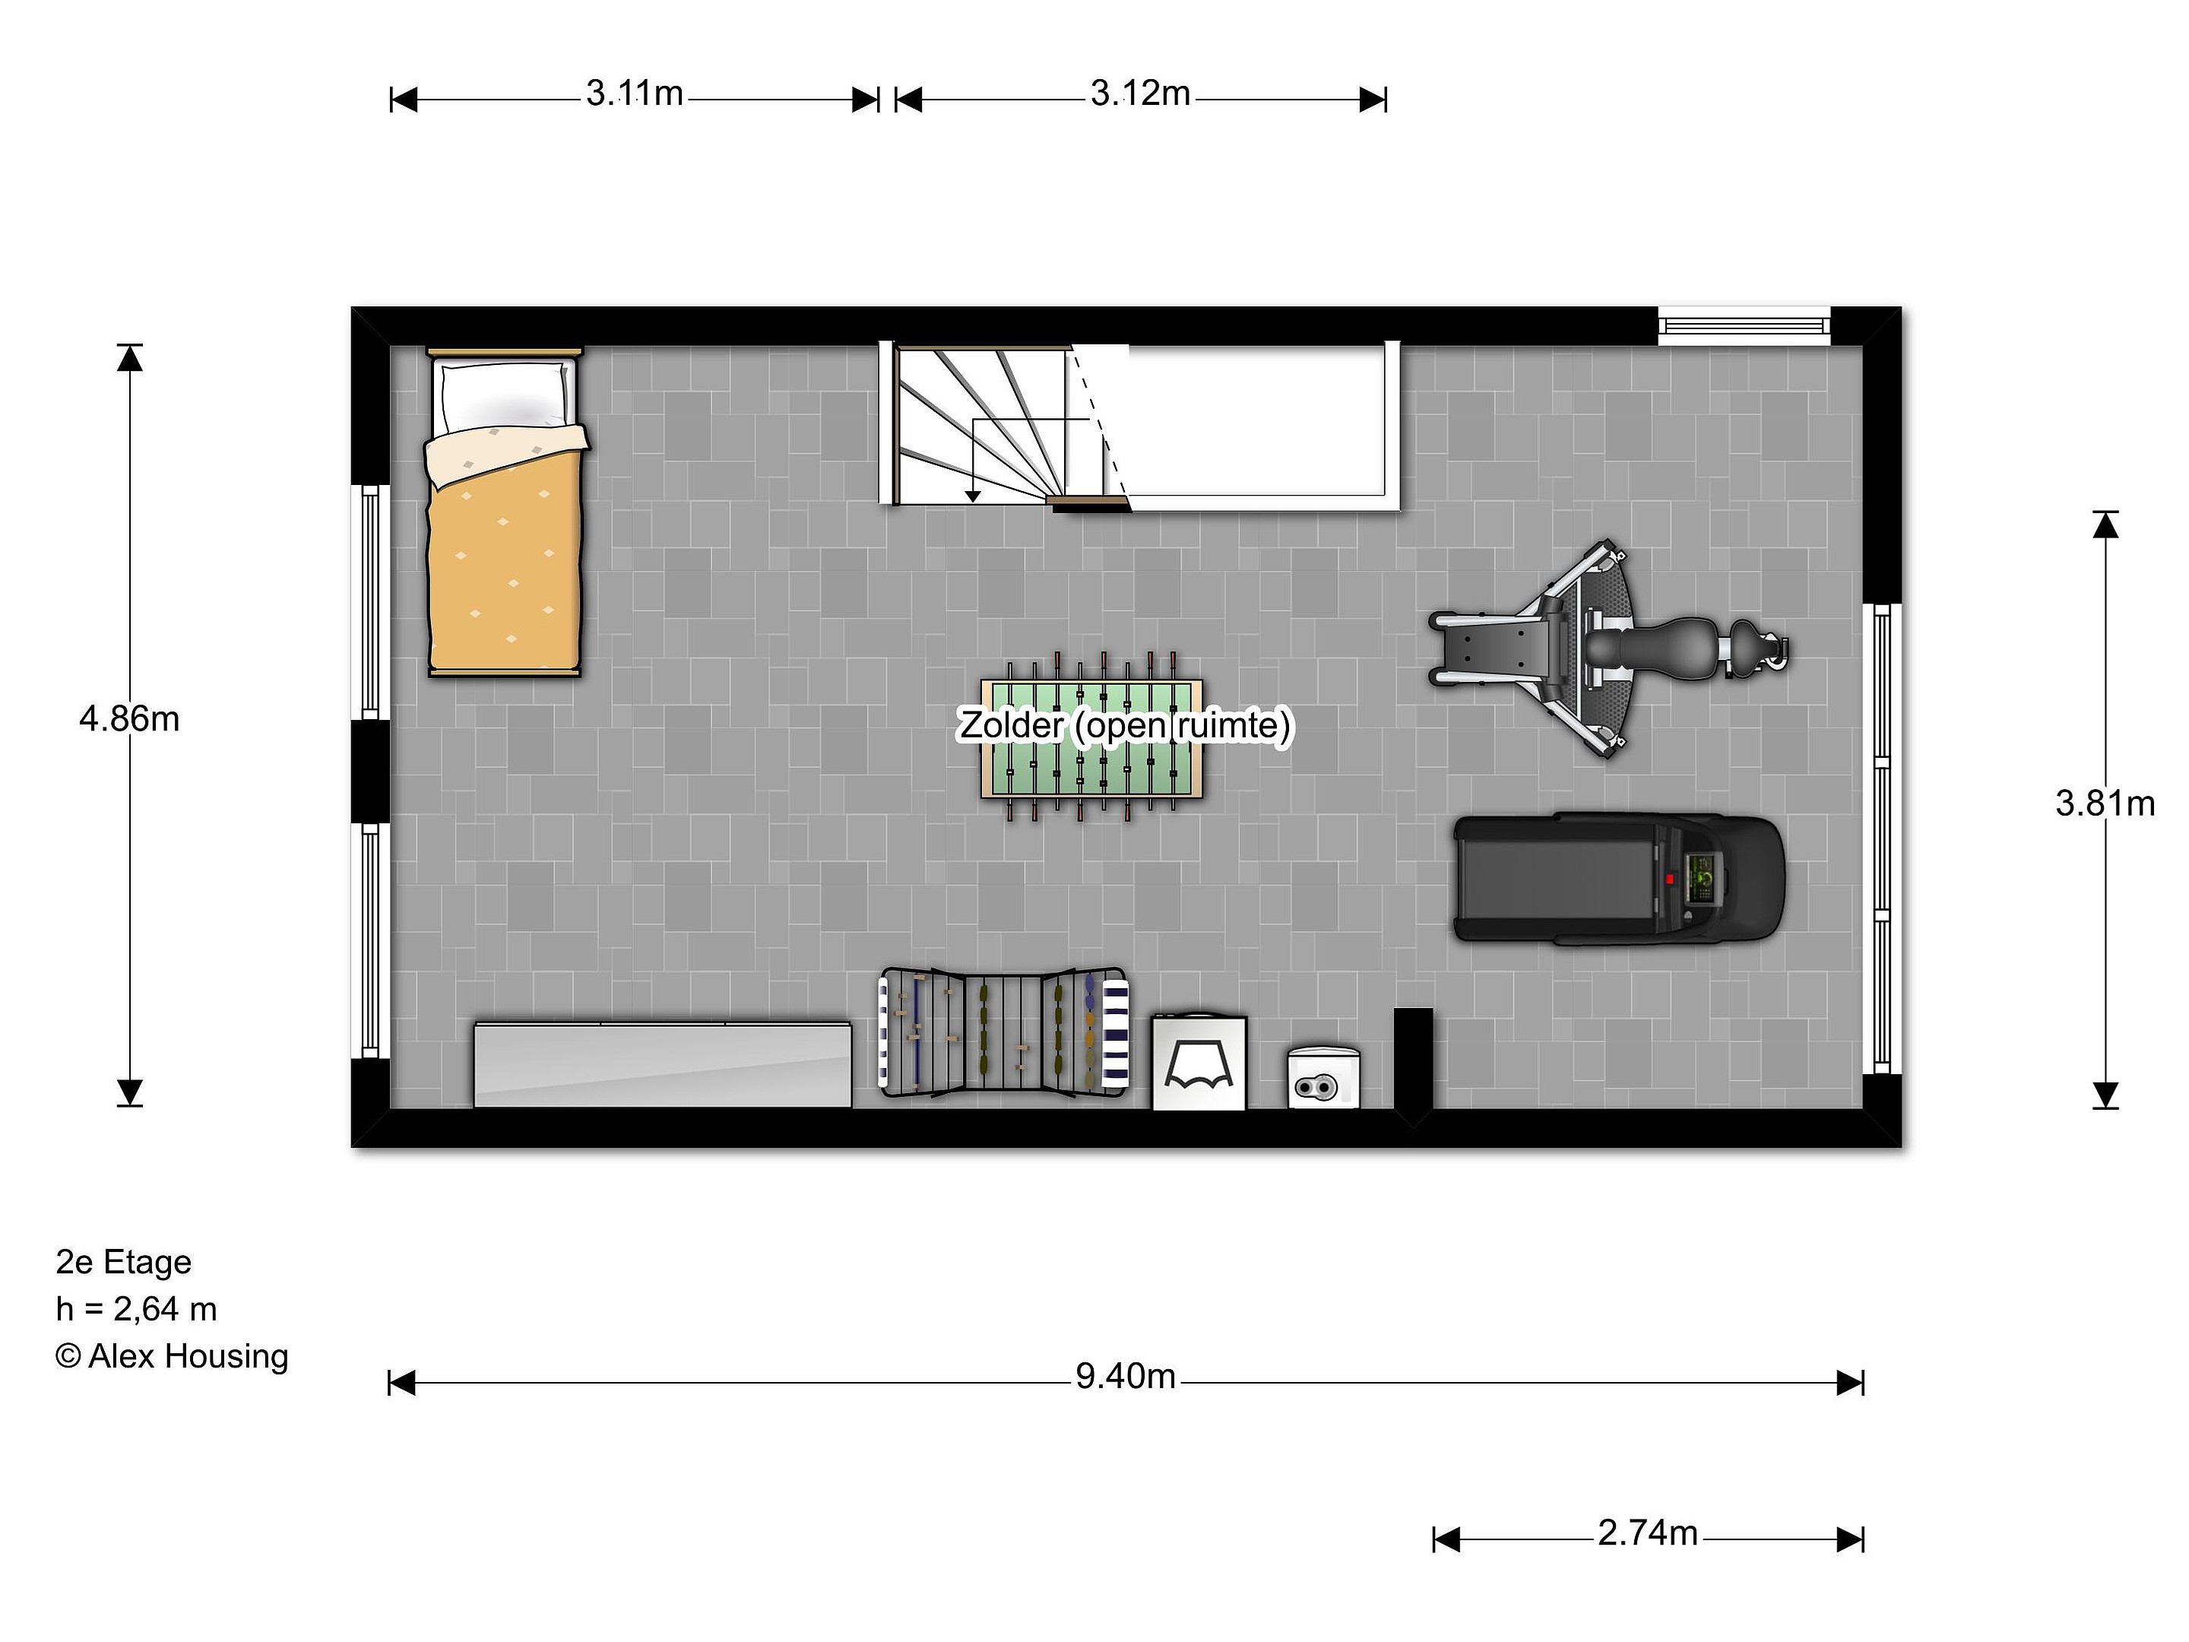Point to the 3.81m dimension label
(2105, 804)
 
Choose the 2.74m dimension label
(1648, 1533)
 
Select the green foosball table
(1091, 737)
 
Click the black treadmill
(1619, 878)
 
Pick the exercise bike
(1609, 649)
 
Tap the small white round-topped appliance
(1323, 1078)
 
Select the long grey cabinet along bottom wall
(662, 1065)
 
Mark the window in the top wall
(1744, 325)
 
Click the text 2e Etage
(124, 1262)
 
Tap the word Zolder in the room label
(1010, 725)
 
